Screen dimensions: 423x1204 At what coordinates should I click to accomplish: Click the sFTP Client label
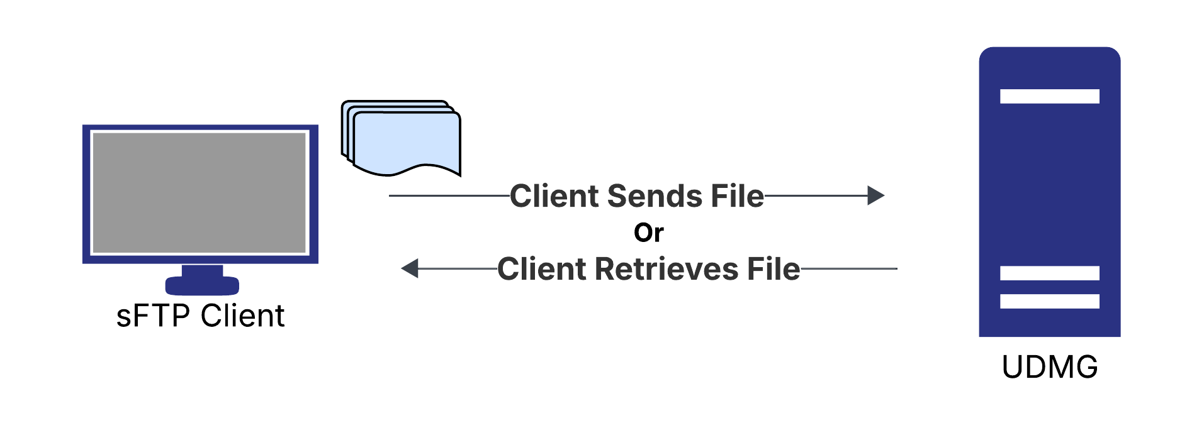[200, 316]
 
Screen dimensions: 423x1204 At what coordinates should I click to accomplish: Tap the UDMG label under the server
[1049, 367]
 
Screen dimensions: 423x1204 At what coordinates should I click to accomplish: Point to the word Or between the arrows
[648, 233]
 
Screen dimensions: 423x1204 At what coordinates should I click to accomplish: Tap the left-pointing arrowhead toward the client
[410, 268]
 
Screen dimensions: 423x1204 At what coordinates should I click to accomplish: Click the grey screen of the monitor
[200, 192]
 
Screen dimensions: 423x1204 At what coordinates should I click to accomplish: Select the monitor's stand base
[202, 285]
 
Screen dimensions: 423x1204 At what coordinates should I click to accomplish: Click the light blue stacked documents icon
[406, 141]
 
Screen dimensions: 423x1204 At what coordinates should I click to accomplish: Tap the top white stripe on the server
[1049, 96]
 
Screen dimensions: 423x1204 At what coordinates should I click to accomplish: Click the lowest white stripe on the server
[1049, 302]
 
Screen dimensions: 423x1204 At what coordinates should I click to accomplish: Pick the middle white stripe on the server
[1049, 273]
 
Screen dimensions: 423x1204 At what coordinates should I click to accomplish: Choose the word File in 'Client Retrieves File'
[774, 269]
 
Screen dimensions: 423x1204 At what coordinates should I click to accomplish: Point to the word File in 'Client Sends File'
[737, 196]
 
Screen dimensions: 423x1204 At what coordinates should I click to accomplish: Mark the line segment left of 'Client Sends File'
[449, 195]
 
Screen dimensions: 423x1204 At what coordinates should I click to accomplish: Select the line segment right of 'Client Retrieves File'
[848, 268]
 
